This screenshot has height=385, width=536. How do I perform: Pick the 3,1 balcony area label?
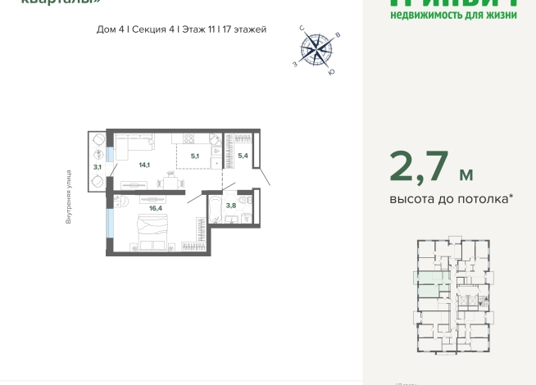coord(98,167)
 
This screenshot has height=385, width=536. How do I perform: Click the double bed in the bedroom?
coord(153,238)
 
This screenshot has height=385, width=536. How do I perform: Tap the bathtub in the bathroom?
coord(215,210)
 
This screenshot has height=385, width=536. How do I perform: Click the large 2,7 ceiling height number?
coord(418,167)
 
